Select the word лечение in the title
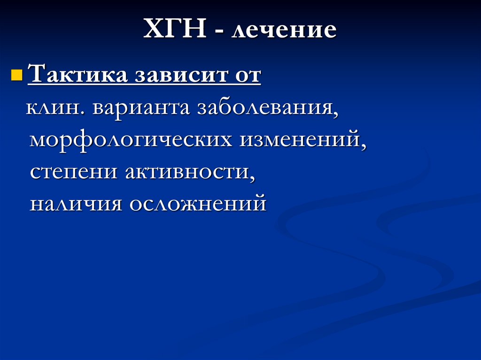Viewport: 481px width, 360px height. (x=284, y=31)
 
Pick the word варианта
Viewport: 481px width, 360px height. (x=141, y=108)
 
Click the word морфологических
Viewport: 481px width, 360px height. (x=131, y=140)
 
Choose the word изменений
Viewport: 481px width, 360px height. (x=301, y=139)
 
